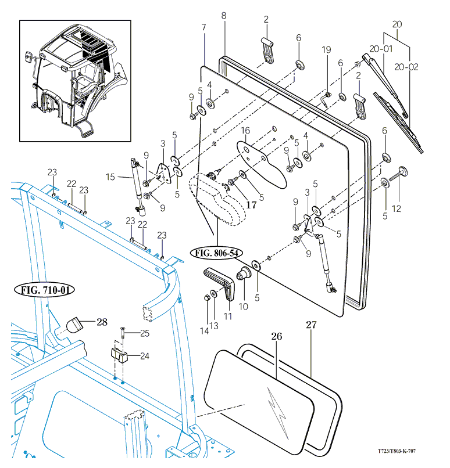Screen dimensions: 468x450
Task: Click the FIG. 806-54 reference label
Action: pyautogui.click(x=216, y=253)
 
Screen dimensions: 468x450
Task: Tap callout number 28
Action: pyautogui.click(x=102, y=321)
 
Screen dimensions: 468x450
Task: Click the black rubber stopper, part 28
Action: pyautogui.click(x=74, y=325)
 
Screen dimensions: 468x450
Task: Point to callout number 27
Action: pyautogui.click(x=311, y=325)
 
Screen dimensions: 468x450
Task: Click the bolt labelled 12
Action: pyautogui.click(x=400, y=173)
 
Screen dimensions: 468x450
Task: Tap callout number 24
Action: pyautogui.click(x=145, y=356)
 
